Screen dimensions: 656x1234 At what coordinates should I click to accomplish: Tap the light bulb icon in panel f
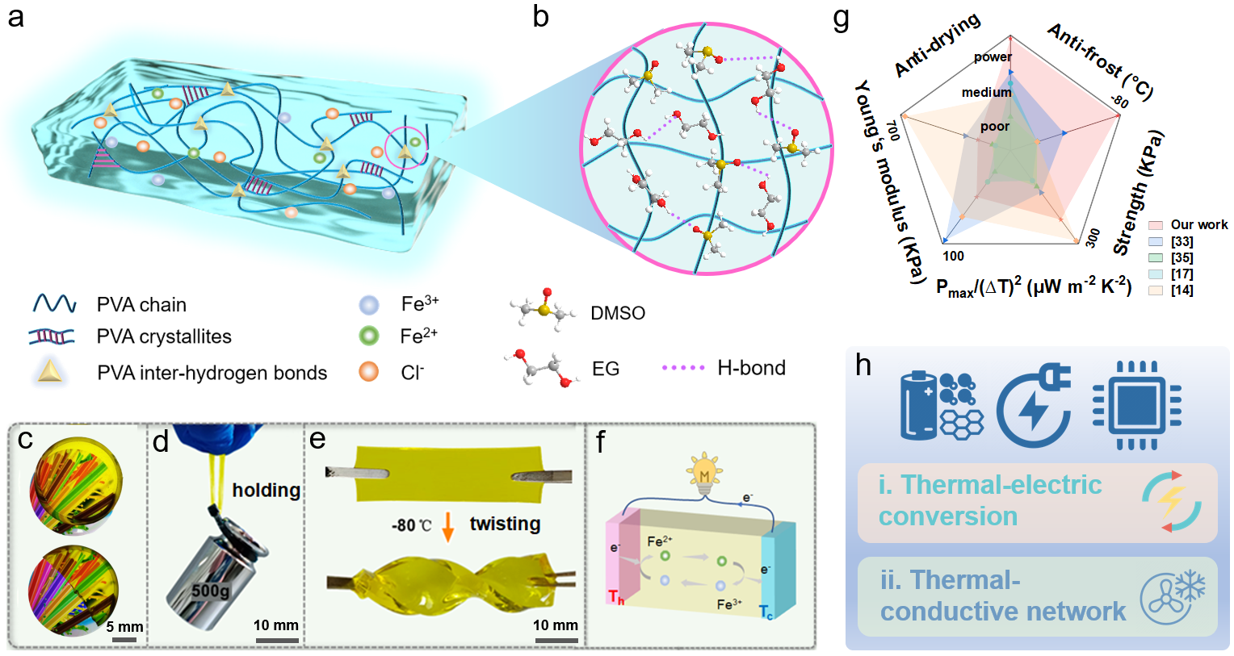[704, 473]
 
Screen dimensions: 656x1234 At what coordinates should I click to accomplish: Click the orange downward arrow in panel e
[448, 525]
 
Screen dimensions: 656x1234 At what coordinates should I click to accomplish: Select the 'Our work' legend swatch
[1156, 225]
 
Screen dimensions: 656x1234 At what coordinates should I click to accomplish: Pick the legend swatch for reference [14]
[1156, 290]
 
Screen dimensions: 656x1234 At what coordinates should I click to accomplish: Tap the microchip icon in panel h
[1136, 405]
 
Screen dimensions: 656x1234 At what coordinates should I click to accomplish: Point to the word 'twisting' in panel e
[505, 524]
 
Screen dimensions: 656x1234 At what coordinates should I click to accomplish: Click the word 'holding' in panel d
[266, 490]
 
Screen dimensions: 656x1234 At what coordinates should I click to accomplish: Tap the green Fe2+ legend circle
[369, 336]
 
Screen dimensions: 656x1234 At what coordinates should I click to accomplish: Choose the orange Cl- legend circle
[369, 371]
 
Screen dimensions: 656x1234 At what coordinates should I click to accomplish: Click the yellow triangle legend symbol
[50, 370]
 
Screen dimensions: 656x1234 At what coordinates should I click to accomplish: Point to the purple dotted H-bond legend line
[683, 368]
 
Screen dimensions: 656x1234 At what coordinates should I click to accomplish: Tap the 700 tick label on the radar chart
[892, 130]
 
